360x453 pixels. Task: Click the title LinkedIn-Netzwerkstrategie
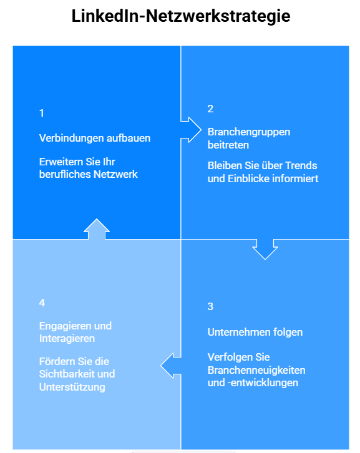(x=180, y=16)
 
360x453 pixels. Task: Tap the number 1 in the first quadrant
(x=42, y=113)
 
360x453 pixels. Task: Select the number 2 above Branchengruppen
(x=210, y=109)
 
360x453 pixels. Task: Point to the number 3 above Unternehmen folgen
(x=210, y=306)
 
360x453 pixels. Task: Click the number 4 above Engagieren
(x=42, y=303)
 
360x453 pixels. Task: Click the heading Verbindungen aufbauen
(x=95, y=138)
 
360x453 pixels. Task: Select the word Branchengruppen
(x=249, y=132)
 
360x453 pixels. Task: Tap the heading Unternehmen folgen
(x=255, y=332)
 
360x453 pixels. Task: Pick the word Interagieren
(x=67, y=339)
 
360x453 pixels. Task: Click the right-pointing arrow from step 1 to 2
(x=191, y=130)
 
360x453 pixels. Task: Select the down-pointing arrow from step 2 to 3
(x=265, y=249)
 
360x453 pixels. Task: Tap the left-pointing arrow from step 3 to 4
(x=171, y=366)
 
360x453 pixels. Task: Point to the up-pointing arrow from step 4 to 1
(x=97, y=229)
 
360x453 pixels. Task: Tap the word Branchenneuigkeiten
(x=256, y=371)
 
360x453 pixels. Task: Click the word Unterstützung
(x=72, y=387)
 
